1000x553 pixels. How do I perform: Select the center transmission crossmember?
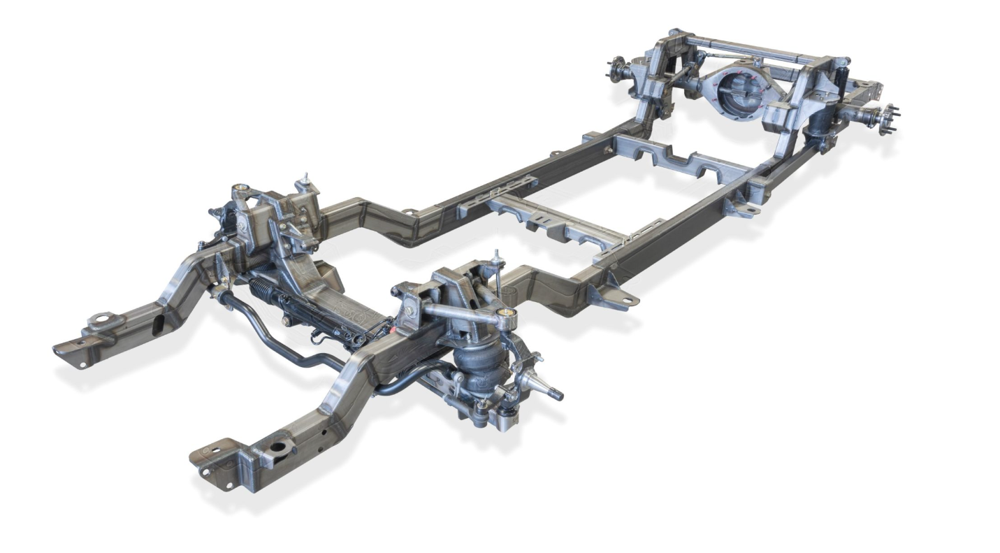point(552,220)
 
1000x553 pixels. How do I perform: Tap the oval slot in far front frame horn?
point(159,324)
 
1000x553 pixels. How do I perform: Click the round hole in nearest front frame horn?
point(280,445)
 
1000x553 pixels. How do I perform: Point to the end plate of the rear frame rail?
point(870,89)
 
